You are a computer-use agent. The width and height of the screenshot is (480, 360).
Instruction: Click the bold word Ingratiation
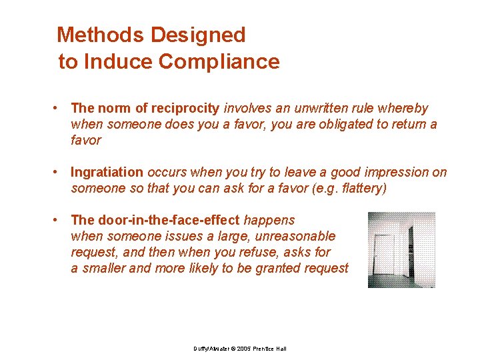[x=107, y=172]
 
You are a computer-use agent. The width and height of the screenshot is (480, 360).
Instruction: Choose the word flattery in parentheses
[x=359, y=188]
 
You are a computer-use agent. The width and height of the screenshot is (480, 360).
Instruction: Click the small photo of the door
[x=401, y=250]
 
